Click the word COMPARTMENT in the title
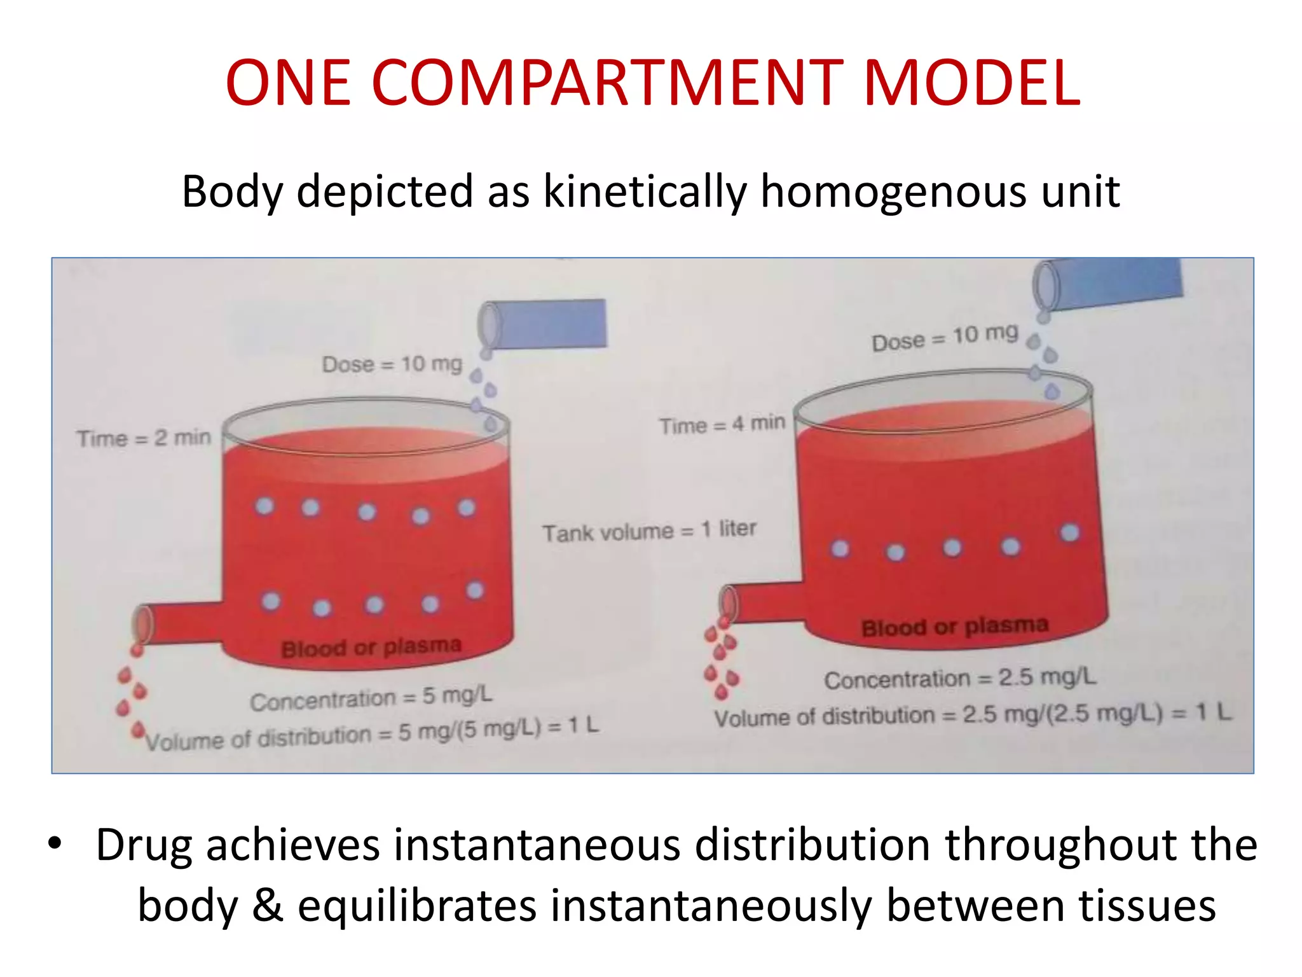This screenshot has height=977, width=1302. click(606, 83)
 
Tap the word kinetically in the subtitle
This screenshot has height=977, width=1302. click(645, 191)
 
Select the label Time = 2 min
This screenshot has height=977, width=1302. click(144, 438)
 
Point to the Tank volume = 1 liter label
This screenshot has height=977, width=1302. click(648, 530)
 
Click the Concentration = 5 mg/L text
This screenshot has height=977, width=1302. click(371, 698)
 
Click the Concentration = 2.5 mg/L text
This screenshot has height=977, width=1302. click(960, 678)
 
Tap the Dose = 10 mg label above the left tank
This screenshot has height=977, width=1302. click(392, 364)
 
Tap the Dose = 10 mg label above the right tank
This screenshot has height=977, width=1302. click(945, 337)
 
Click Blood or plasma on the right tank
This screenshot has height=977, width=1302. click(954, 627)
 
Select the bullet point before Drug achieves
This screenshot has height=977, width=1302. click(55, 843)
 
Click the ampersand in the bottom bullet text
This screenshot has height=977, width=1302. click(267, 906)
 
